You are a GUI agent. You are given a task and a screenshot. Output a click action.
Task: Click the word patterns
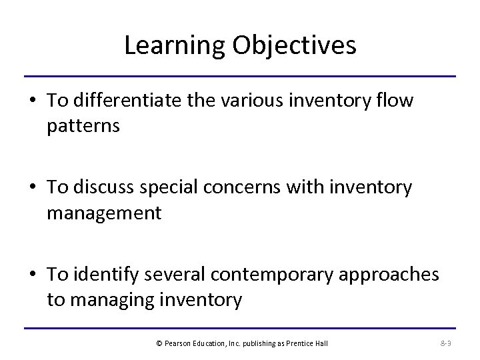83,126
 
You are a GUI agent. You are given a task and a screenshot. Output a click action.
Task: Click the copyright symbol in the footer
159,343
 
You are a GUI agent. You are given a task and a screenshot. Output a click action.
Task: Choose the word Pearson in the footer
178,343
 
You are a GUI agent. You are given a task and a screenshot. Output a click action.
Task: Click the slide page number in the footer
446,343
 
